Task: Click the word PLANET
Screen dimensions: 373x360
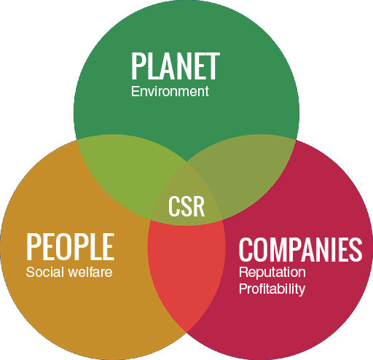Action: pos(176,66)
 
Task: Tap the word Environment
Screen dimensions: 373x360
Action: pos(170,92)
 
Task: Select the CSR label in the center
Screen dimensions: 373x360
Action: pos(186,206)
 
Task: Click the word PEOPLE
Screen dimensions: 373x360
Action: pos(71,246)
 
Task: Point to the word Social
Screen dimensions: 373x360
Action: pos(45,272)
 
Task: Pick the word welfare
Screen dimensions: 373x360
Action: pos(90,272)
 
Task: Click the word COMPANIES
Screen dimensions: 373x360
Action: pos(301,250)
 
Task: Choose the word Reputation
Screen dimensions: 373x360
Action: pos(272,273)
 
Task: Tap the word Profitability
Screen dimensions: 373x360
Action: pos(272,289)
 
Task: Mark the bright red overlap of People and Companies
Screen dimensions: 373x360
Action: pos(186,267)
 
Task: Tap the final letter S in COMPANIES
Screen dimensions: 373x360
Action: pos(356,250)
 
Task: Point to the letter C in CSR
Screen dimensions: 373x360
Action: pos(174,206)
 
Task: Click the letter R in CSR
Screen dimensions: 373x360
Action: pos(199,206)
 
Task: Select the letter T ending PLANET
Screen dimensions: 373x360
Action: pos(213,66)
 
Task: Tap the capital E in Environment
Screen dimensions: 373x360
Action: pos(135,91)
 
